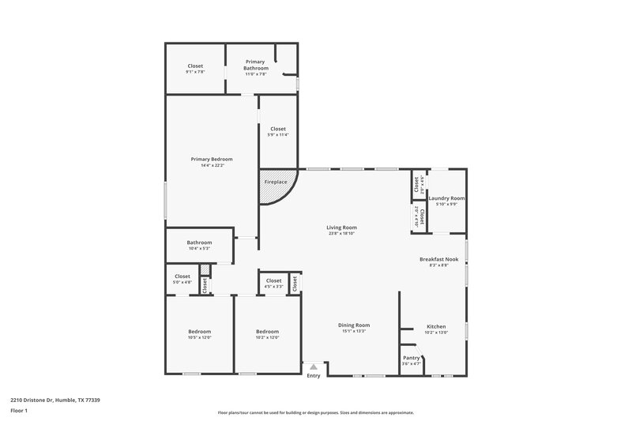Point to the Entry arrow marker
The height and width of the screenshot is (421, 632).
click(x=314, y=366)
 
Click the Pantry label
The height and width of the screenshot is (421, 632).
click(x=412, y=357)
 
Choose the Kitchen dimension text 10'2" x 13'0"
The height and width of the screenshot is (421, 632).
click(x=436, y=333)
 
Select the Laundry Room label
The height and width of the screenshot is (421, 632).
click(x=446, y=198)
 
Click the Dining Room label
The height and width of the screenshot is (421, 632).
click(x=354, y=325)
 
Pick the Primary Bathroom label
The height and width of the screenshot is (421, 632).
click(x=254, y=64)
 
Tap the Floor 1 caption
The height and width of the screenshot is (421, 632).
click(x=19, y=412)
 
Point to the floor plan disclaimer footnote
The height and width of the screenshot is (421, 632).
click(x=315, y=412)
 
